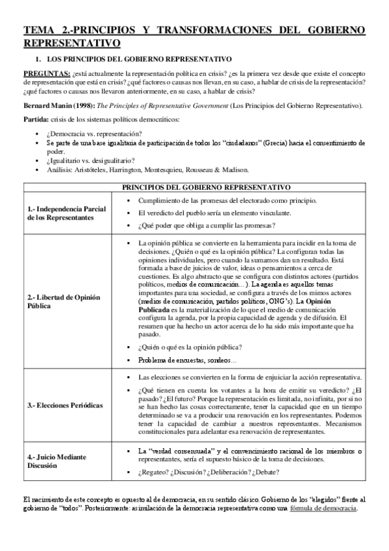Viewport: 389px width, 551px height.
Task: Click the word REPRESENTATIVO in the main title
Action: [71, 43]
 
